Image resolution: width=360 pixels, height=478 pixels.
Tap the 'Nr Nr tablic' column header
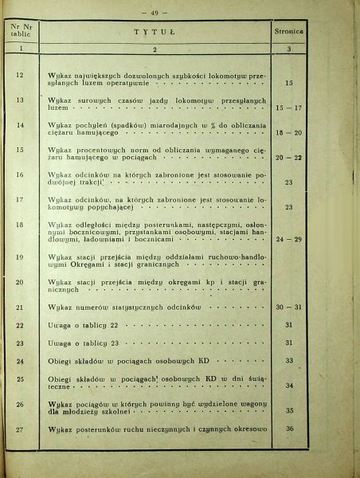(20, 34)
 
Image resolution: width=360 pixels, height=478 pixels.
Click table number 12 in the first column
(20, 75)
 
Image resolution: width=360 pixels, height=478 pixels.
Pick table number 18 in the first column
(20, 226)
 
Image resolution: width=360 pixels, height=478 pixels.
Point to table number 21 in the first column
(20, 307)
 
